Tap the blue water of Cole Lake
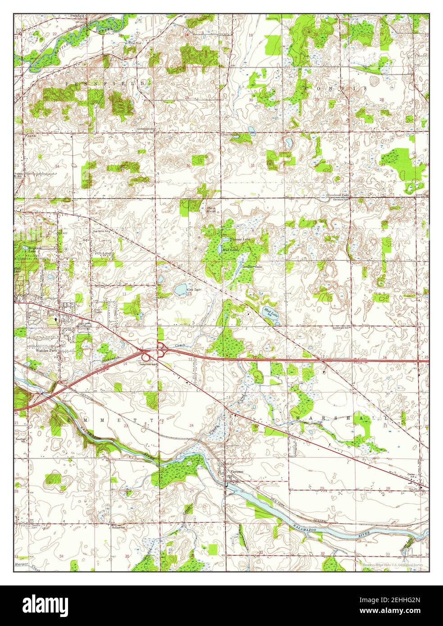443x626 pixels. click(x=181, y=289)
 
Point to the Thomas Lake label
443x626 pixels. click(x=238, y=239)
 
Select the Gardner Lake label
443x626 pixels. click(x=252, y=268)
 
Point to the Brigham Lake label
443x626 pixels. click(x=23, y=250)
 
